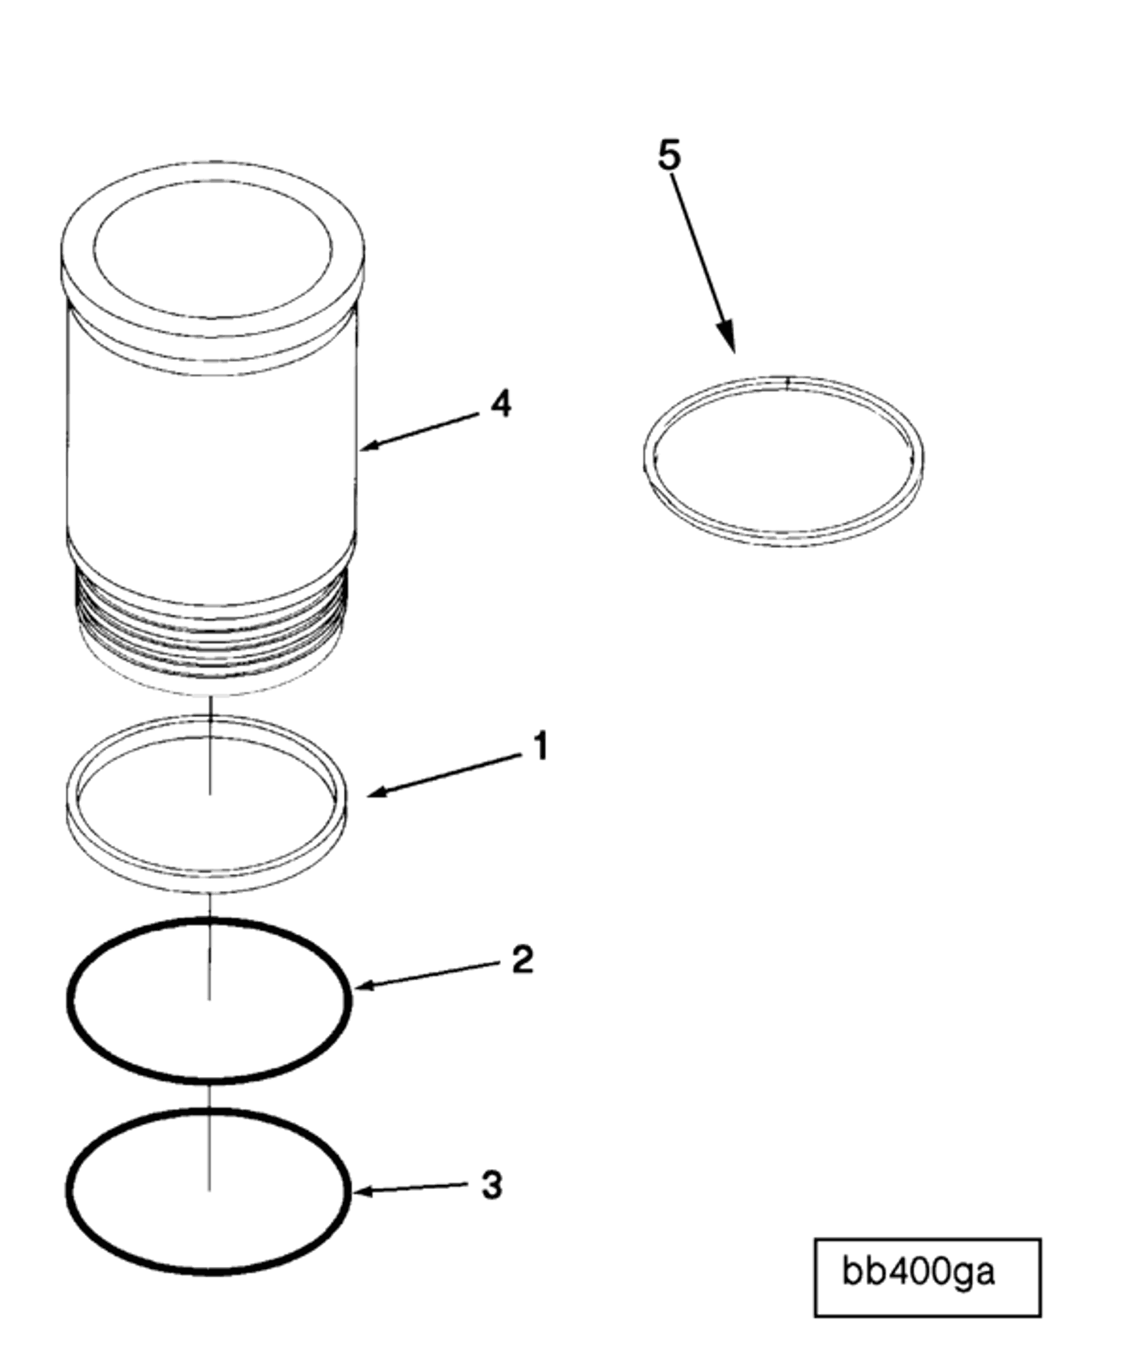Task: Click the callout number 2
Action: [522, 959]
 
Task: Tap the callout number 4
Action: [501, 404]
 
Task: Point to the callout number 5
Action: [669, 156]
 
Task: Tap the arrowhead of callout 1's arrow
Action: [375, 794]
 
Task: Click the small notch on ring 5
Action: [787, 382]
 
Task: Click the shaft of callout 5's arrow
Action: [698, 248]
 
